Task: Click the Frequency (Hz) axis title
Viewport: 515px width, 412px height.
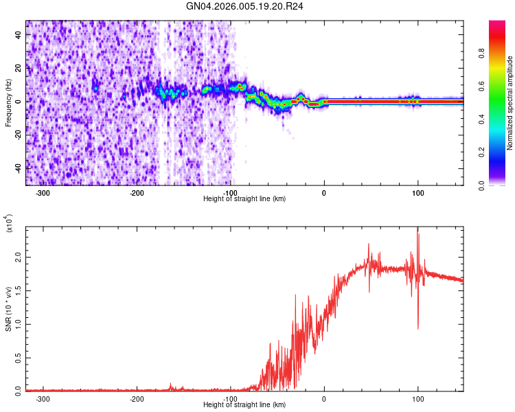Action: [8, 103]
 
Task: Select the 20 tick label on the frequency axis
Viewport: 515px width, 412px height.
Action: [18, 68]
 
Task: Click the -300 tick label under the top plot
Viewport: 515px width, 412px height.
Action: [43, 192]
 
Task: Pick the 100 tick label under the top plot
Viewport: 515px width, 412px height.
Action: [417, 192]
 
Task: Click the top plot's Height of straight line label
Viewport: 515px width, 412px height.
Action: [245, 199]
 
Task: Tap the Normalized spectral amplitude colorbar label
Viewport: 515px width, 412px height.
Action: [510, 103]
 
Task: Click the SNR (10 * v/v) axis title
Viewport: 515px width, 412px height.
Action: [8, 309]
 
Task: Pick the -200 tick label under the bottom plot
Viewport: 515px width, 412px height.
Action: [137, 398]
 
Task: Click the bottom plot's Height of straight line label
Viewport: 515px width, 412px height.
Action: [245, 405]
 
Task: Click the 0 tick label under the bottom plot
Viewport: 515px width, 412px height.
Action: [324, 398]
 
